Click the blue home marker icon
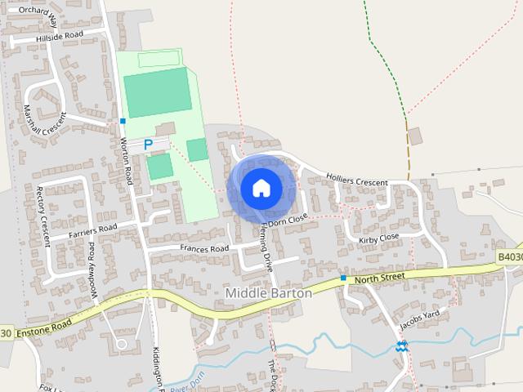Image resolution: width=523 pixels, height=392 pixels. coord(261,188)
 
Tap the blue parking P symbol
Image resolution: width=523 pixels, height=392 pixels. coord(148,145)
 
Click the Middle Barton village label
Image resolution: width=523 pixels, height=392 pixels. coord(267,292)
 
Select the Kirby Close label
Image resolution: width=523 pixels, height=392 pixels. coord(378,238)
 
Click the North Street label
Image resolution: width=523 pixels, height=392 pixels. coord(380,278)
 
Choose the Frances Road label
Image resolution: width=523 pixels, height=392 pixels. coord(204,248)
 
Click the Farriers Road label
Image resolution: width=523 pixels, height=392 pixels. coord(93,231)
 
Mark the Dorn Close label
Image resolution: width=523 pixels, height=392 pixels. coord(289,219)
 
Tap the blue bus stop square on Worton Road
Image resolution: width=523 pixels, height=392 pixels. coord(123,121)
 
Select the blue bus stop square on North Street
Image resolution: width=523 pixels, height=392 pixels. coord(343,278)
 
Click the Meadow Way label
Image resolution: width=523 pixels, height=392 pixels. coord(92,262)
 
